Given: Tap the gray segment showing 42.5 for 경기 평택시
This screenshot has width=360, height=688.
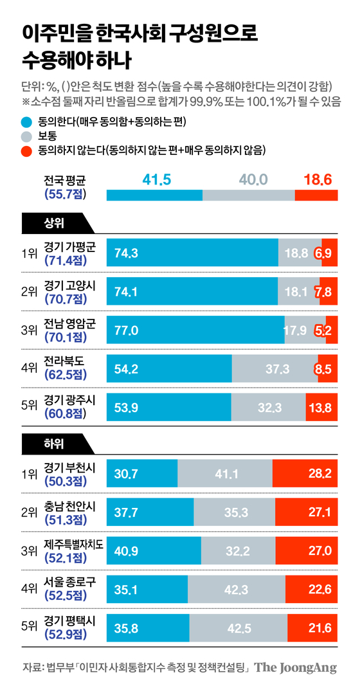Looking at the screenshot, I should tap(239, 626).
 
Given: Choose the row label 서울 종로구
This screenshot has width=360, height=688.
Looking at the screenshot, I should tap(69, 582).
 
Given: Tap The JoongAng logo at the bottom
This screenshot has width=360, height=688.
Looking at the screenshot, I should tap(295, 667).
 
